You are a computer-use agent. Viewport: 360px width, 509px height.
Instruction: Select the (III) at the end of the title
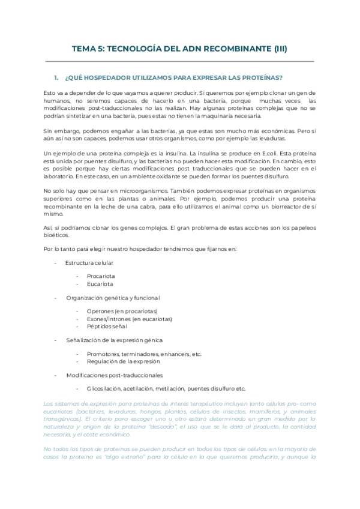(x=276, y=50)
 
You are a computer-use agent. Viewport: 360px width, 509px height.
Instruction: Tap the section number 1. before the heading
(x=56, y=78)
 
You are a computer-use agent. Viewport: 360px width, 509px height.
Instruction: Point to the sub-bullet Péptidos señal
(x=107, y=326)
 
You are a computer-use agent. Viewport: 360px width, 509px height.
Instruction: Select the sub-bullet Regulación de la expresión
(x=124, y=361)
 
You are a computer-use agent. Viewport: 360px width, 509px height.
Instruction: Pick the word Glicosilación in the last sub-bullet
(x=106, y=388)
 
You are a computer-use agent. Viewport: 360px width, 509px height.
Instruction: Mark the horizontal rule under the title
(x=179, y=61)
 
